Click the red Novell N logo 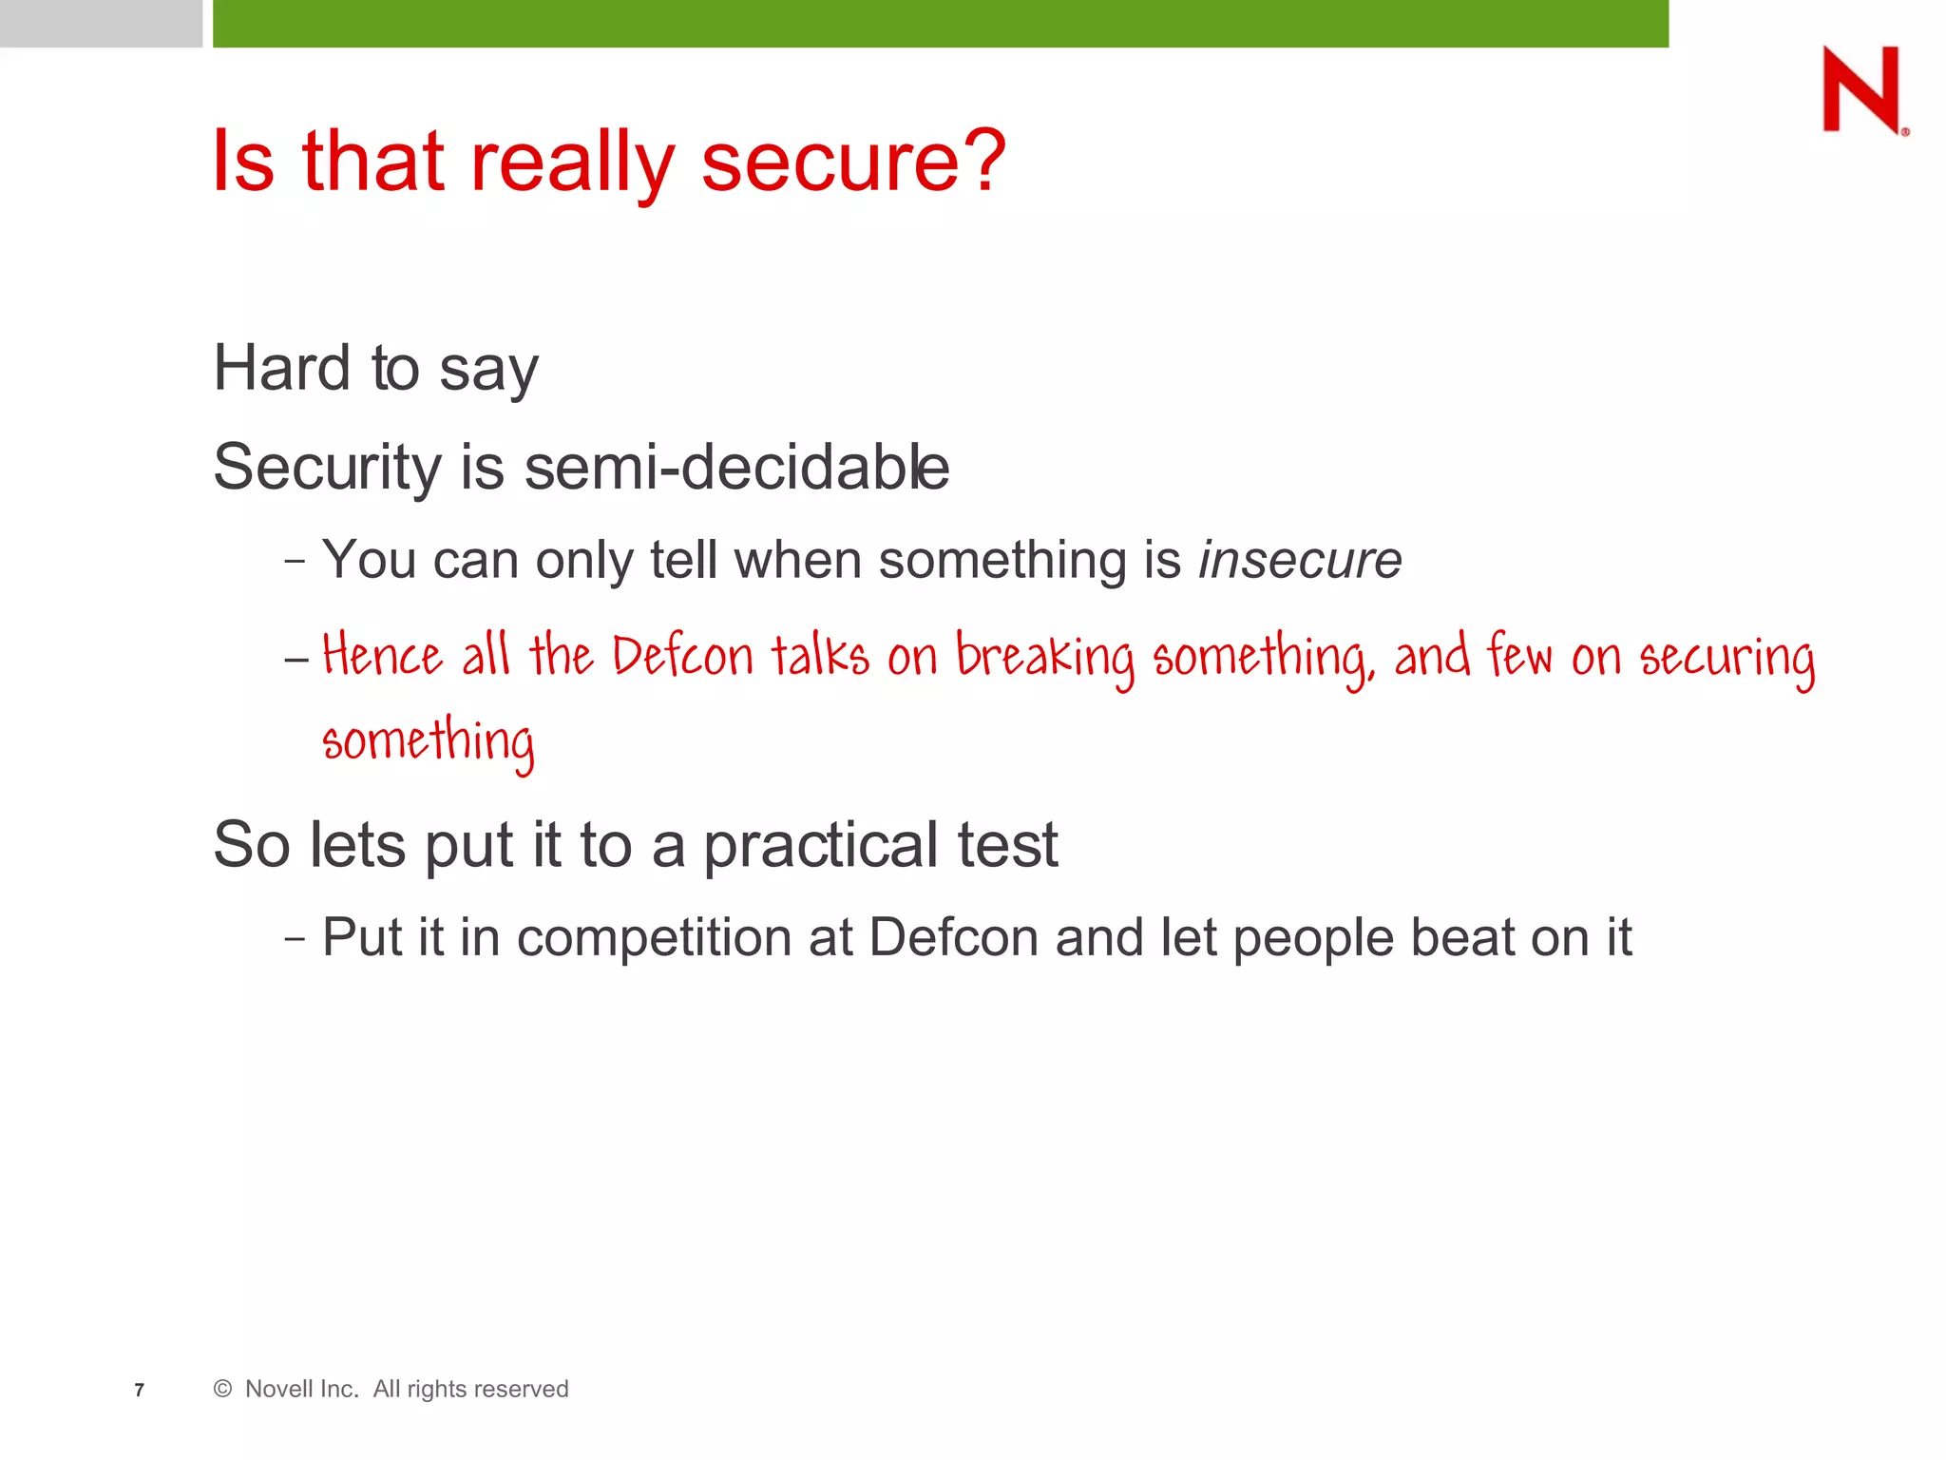coord(1862,89)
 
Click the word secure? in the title coord(852,162)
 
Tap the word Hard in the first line coord(281,368)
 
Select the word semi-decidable coord(736,468)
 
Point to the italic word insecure coord(1299,560)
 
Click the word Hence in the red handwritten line coord(382,656)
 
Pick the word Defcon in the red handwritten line coord(681,656)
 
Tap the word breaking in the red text coord(1044,658)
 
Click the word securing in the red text coord(1727,658)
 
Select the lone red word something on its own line coord(428,741)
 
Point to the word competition coord(653,937)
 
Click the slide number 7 coord(140,1391)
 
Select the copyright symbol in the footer coord(223,1390)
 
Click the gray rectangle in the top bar coord(101,23)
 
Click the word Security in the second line coord(327,468)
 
